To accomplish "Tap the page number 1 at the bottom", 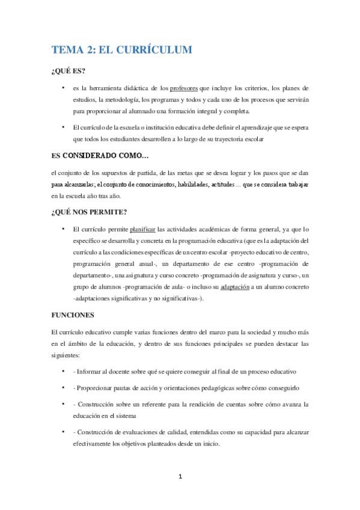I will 180,477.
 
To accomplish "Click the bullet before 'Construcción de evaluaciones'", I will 63,432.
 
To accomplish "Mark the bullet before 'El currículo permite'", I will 63,229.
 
